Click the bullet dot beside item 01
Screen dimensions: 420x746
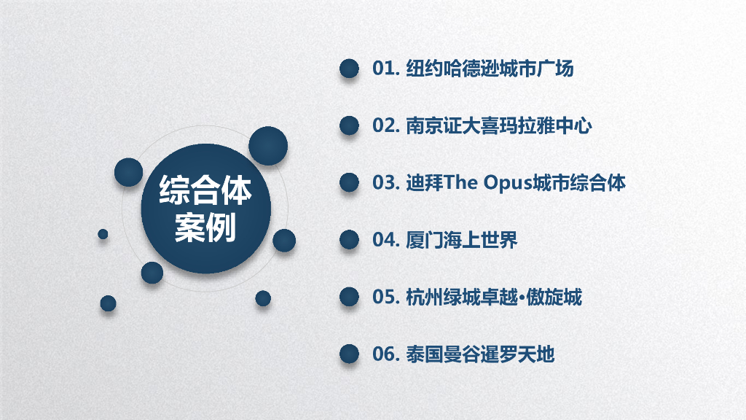point(350,69)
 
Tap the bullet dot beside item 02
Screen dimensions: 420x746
point(350,126)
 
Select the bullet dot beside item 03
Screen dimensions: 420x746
point(350,182)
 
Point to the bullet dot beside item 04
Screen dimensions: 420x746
point(350,240)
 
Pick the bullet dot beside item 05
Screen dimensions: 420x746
point(350,297)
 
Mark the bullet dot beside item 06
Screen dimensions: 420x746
point(350,354)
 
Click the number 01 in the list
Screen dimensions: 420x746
point(383,69)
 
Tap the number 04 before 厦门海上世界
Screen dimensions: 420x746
point(383,240)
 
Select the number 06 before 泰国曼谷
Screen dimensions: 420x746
point(383,354)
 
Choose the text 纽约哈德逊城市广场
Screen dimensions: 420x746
point(489,69)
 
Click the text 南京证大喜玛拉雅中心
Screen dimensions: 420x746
point(498,126)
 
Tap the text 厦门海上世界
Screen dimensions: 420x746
point(461,240)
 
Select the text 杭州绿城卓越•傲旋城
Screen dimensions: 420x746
point(493,297)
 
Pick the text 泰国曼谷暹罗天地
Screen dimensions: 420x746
point(479,354)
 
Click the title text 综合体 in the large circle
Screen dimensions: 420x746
point(205,192)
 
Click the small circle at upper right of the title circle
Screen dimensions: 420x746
point(267,146)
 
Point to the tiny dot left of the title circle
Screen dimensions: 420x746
point(103,234)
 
